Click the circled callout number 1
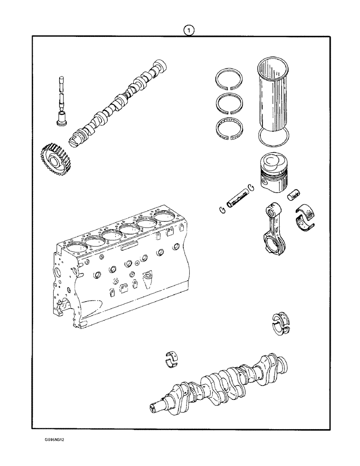[188, 31]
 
